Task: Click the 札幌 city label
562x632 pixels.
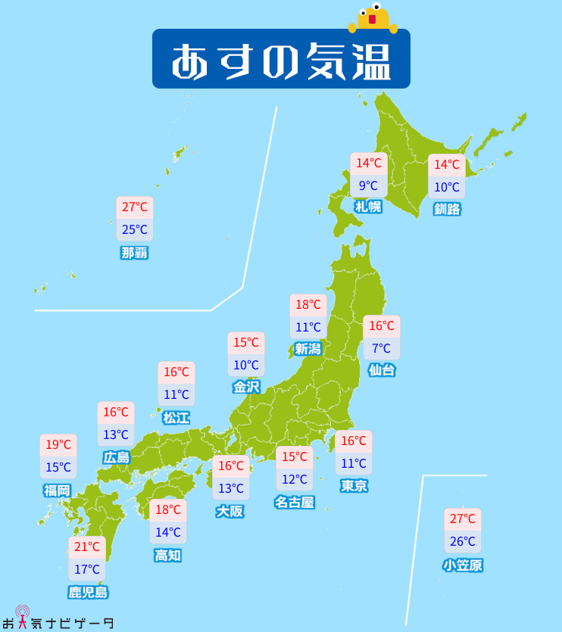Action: (368, 207)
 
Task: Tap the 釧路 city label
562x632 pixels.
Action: (447, 209)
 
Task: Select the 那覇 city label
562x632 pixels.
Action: (134, 253)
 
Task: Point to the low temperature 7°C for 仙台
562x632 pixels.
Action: (381, 348)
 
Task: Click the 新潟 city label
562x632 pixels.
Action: (308, 349)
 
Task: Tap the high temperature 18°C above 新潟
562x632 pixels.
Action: (308, 305)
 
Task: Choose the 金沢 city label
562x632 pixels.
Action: (246, 387)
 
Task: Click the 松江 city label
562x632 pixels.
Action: (176, 417)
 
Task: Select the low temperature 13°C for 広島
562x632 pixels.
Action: (116, 434)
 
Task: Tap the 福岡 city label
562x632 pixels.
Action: (57, 490)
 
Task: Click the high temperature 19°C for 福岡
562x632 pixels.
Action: (58, 445)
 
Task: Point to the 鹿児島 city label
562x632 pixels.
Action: (87, 592)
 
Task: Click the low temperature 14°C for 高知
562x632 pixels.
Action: (168, 532)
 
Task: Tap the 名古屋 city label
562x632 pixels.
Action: (294, 501)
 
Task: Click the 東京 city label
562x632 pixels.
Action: (354, 485)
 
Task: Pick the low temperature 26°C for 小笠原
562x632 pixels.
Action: (463, 541)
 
